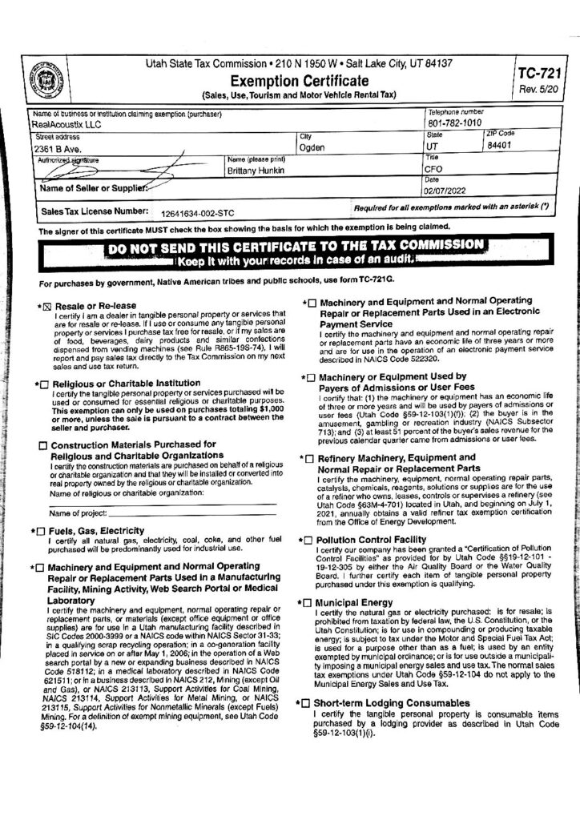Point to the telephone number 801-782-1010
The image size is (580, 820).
[x=455, y=124]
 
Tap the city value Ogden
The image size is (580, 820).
[x=312, y=148]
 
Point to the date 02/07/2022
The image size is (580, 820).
[x=452, y=191]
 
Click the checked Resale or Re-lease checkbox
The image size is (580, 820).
[x=45, y=306]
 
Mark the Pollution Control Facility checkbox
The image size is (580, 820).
[x=308, y=541]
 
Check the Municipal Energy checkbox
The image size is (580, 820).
[x=308, y=601]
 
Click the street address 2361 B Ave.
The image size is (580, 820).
[x=56, y=149]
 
